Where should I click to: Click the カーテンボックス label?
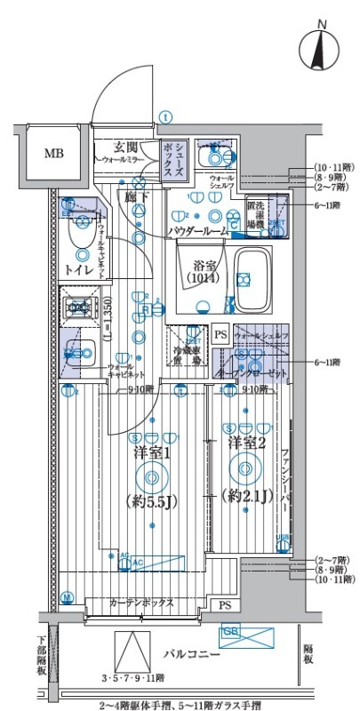pos(142,603)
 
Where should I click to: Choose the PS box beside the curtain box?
pos(225,605)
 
